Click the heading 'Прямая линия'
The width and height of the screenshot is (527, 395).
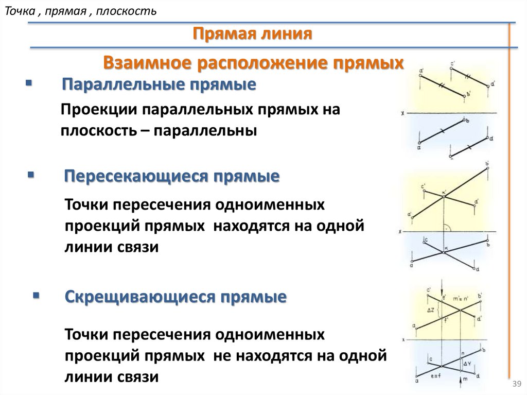[x=253, y=35]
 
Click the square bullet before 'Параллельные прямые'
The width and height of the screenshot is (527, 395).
[x=28, y=82]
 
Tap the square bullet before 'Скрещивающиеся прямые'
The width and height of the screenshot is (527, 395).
[x=36, y=296]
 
